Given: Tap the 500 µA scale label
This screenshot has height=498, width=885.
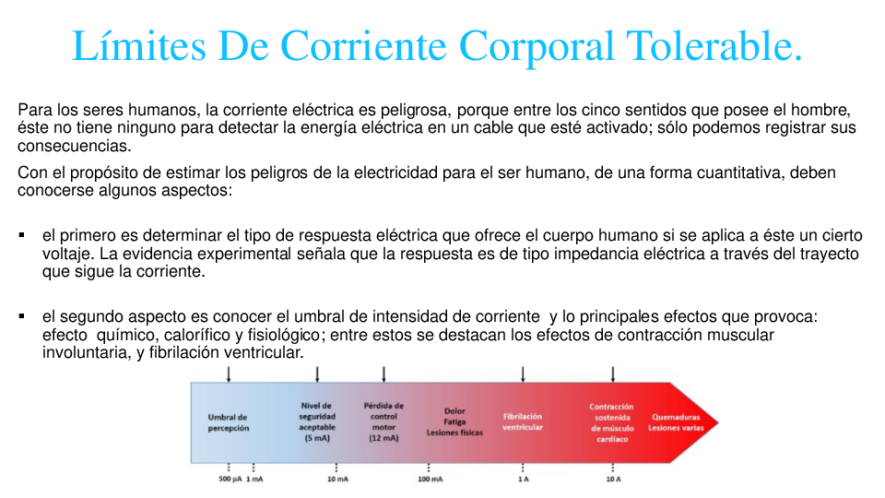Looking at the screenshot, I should (x=230, y=480).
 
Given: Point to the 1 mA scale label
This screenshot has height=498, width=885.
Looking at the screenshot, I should (x=254, y=480).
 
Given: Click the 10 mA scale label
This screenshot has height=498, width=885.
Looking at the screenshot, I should (x=337, y=480).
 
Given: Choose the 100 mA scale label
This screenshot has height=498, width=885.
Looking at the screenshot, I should (x=430, y=480).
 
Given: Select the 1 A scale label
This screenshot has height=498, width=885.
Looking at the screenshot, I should (x=523, y=480).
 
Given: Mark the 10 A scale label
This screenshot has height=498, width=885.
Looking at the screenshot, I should (x=613, y=480).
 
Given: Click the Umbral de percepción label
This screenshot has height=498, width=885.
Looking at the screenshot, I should (x=228, y=422).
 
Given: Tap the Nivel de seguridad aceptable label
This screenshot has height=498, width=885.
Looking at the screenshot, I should (x=317, y=422).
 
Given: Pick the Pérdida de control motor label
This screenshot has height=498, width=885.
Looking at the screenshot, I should (x=383, y=422).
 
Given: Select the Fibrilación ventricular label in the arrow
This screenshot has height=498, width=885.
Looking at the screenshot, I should (x=523, y=422).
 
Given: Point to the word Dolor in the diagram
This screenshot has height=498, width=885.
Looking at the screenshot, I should (x=454, y=411).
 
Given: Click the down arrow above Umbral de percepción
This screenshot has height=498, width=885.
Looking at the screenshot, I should (x=229, y=373).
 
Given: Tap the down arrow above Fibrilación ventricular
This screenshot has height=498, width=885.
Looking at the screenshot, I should (x=523, y=373).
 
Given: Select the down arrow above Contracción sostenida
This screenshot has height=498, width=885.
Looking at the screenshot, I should (x=613, y=373).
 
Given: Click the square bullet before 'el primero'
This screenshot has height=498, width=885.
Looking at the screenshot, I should (x=21, y=235).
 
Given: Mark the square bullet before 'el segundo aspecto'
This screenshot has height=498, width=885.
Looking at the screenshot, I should (x=21, y=316).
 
